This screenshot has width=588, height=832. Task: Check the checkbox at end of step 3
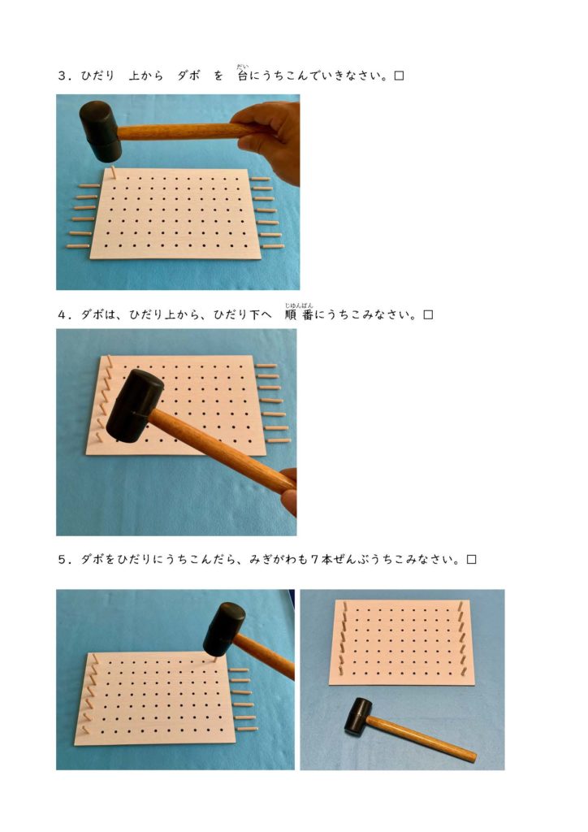[x=400, y=76]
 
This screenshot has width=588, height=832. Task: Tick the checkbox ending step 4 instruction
[x=428, y=314]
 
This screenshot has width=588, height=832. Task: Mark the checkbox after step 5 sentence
[x=471, y=559]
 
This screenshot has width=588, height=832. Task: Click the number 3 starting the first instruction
[x=62, y=76]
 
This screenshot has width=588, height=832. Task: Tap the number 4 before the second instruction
[x=62, y=314]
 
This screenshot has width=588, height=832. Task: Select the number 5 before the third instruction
[x=62, y=559]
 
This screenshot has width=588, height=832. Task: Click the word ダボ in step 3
[x=188, y=76]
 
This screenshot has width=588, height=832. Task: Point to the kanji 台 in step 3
[x=242, y=76]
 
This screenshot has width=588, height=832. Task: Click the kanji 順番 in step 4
[x=299, y=314]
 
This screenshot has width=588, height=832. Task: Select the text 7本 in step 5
[x=322, y=559]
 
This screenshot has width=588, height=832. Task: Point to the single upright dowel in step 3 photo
[x=114, y=171]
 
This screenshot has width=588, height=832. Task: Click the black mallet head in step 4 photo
[x=134, y=406]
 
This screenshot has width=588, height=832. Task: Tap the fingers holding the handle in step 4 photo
[x=288, y=492]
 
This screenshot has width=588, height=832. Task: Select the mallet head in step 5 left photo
[x=224, y=629]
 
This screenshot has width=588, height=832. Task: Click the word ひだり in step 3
[x=97, y=76]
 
